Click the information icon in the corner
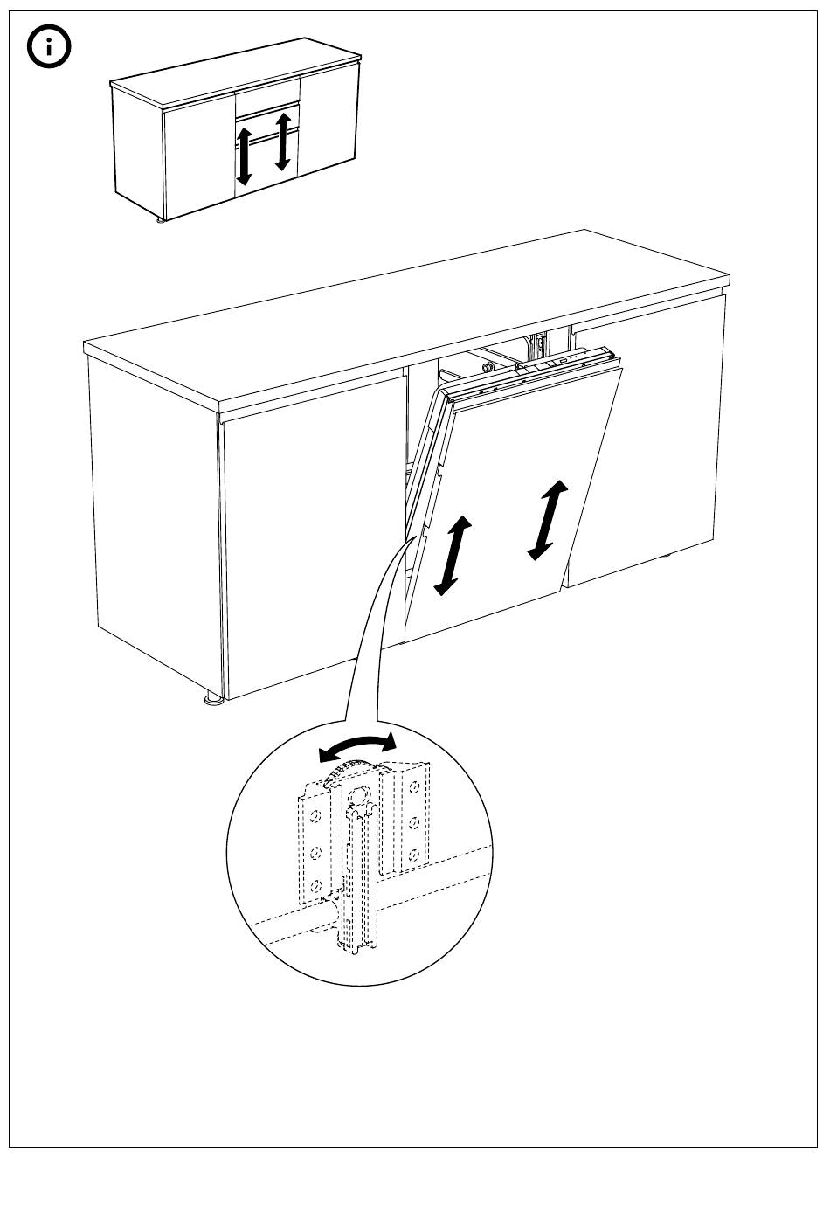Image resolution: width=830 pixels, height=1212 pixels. click(49, 49)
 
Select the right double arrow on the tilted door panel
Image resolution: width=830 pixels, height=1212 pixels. click(549, 519)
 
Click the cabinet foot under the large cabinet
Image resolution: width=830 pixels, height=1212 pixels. click(212, 700)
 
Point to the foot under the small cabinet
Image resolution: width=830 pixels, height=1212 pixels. click(161, 222)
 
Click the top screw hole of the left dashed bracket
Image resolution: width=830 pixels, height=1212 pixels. click(316, 814)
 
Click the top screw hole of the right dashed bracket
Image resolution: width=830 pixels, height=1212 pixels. click(413, 789)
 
